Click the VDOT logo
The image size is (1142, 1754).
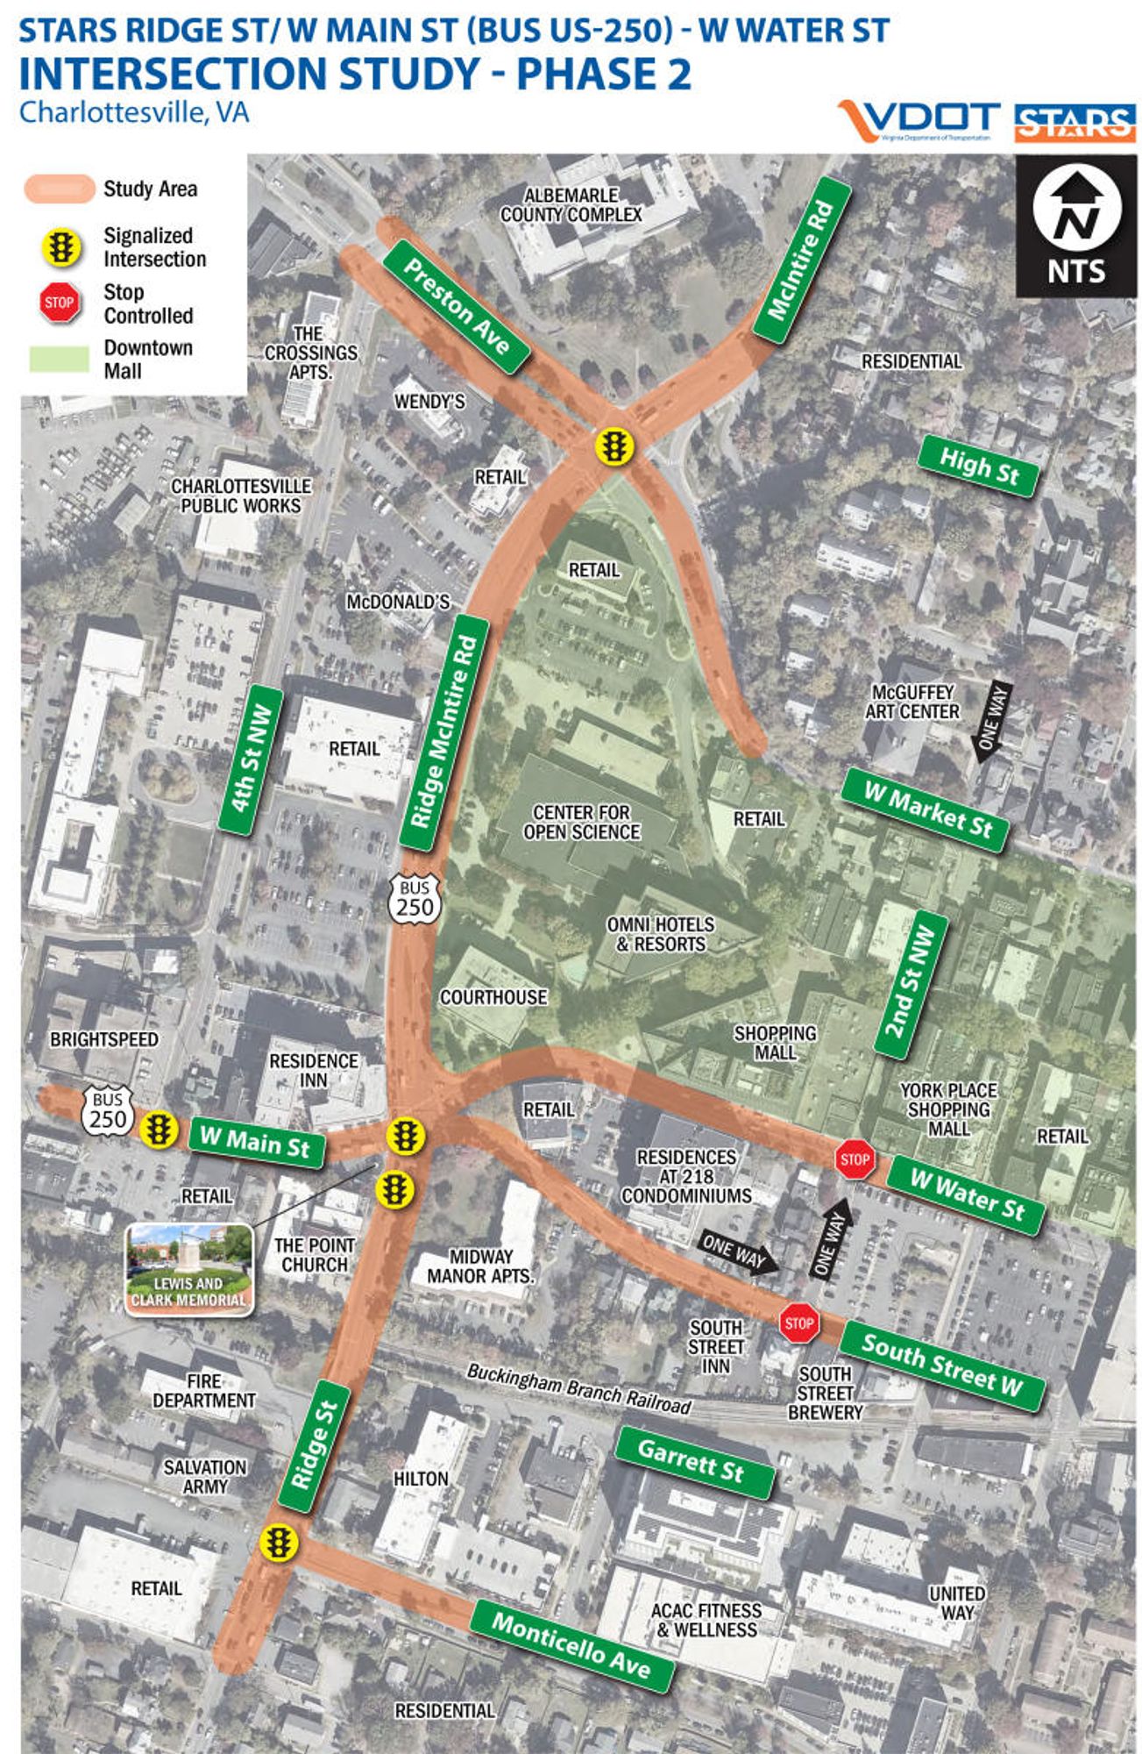(919, 121)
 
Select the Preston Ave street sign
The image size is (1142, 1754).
(457, 306)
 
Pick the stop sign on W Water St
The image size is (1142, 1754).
(855, 1159)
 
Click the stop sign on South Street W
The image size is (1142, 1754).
(798, 1323)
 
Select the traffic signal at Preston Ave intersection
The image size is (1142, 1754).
(614, 446)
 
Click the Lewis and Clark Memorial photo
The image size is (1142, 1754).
(189, 1269)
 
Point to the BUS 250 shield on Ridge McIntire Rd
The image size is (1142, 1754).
(415, 897)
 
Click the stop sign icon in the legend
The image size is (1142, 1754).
(59, 303)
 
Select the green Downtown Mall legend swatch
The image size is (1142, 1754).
(59, 359)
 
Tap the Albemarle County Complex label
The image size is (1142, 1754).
(571, 205)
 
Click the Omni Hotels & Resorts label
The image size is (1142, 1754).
(660, 934)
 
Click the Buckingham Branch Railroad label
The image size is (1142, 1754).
(578, 1389)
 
